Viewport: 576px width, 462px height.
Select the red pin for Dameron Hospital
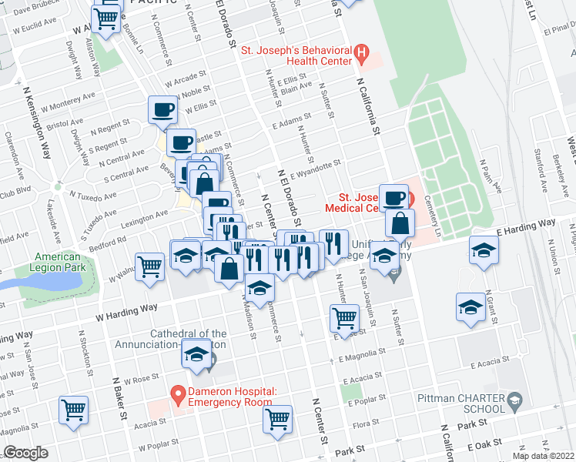pos(178,396)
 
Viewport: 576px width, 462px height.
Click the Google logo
pos(26,453)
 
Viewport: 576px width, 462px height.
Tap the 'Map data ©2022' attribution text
pos(543,456)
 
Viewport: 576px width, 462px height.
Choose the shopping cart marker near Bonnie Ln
pos(106,18)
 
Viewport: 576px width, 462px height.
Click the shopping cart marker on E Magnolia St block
pos(344,316)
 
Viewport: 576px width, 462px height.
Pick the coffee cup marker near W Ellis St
pos(162,110)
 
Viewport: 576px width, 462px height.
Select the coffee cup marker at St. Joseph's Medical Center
pos(394,197)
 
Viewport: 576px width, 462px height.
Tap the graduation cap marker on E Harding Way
pos(484,250)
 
